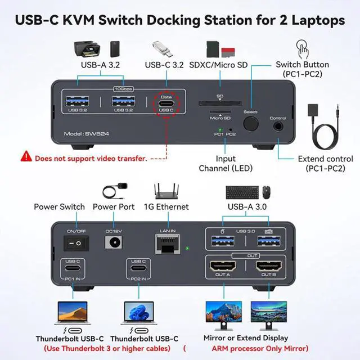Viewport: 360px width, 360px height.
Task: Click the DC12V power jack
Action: coord(114,243)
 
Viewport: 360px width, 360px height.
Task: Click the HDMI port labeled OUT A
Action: coord(224,267)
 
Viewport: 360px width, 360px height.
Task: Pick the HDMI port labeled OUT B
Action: coord(267,267)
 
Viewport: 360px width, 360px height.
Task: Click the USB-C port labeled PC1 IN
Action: coord(73,270)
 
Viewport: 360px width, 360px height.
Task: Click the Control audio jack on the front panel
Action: coord(278,127)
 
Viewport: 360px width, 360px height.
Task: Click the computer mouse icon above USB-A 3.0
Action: coord(265,192)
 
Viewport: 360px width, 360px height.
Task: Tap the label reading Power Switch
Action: coord(59,207)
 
